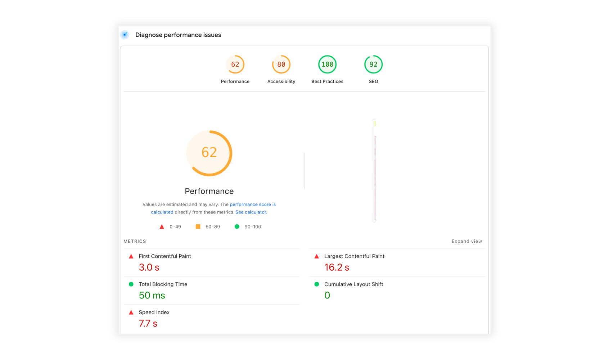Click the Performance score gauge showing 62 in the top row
235,64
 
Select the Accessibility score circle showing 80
281,64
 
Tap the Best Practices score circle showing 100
327,64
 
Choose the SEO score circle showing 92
373,64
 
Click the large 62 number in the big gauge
209,153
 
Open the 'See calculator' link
251,212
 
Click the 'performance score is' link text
253,204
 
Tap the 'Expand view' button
466,242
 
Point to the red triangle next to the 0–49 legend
162,227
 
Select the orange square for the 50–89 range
198,227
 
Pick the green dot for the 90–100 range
237,227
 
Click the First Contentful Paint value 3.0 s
149,267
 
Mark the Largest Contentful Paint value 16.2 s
337,267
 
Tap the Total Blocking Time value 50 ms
152,296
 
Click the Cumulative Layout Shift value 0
327,296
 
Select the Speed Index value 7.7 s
148,324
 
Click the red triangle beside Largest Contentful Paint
317,256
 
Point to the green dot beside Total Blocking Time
131,284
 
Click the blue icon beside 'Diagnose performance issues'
125,35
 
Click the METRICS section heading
135,242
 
